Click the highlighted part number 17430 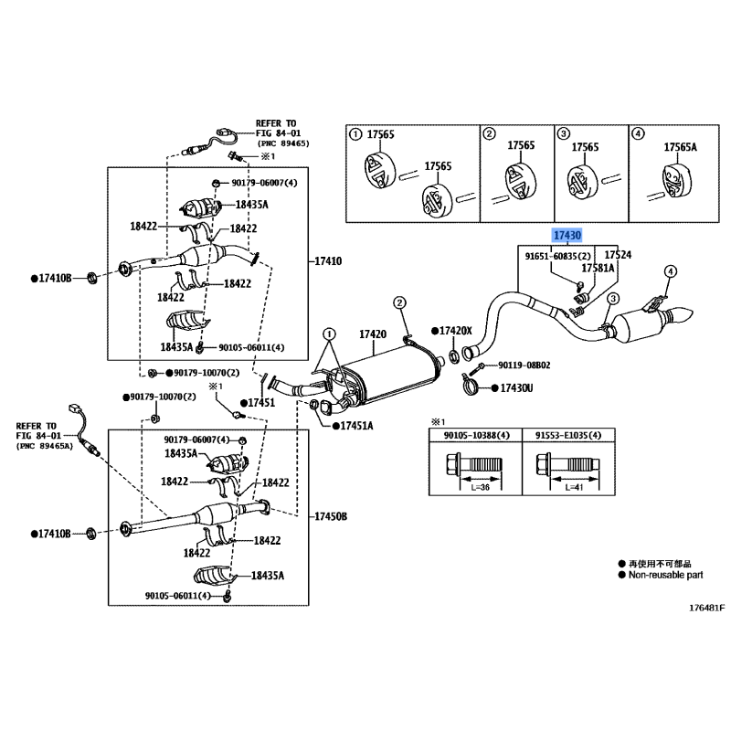(567, 236)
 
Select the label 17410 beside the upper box (328, 261)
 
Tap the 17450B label (331, 516)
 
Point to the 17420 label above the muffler (373, 335)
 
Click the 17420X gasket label (455, 330)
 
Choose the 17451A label (355, 426)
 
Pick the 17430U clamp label (517, 388)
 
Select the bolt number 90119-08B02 (524, 365)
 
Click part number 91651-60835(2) (558, 257)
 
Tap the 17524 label (619, 256)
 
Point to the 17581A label (599, 269)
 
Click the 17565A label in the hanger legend (680, 147)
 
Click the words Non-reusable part (664, 576)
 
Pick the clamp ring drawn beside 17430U (475, 388)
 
